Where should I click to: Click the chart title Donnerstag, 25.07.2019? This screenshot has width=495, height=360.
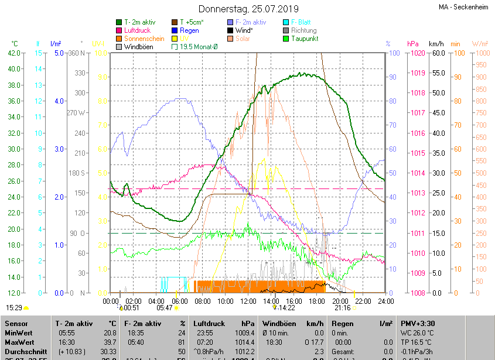(x=248, y=9)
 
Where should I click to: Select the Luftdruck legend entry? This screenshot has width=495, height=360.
(x=138, y=30)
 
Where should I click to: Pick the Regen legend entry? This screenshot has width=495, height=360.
(x=189, y=30)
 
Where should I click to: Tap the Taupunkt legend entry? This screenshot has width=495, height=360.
(x=305, y=39)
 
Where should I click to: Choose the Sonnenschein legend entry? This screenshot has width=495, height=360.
(x=144, y=39)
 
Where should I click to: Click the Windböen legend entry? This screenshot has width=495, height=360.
(x=138, y=47)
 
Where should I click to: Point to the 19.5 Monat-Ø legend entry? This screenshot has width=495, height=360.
(x=198, y=47)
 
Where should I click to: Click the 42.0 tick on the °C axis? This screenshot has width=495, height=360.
(x=13, y=53)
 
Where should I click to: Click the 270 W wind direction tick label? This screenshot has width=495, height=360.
(x=76, y=113)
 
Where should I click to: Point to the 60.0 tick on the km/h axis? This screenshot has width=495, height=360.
(x=436, y=53)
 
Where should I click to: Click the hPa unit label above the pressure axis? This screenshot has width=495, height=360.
(x=412, y=44)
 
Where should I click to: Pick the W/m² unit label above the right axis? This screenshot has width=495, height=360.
(x=480, y=44)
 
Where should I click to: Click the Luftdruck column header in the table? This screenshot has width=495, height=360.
(x=209, y=323)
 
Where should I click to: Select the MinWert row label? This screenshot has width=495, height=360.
(x=19, y=332)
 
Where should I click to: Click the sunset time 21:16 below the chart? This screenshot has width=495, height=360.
(x=342, y=308)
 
